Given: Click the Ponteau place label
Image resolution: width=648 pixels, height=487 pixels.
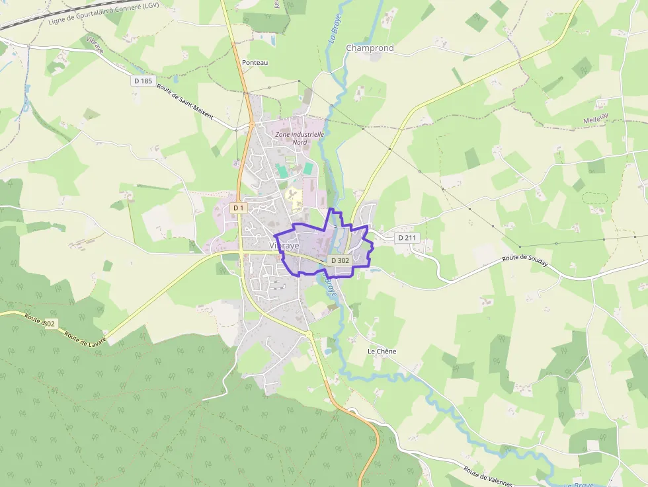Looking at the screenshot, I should [255, 62].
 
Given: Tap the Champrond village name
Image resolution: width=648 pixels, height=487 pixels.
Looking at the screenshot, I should [370, 48].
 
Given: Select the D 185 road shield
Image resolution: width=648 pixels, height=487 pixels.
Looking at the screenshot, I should [142, 81].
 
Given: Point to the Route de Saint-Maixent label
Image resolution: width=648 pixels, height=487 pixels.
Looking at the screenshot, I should [185, 101].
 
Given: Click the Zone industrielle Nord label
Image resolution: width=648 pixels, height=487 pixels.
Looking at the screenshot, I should [300, 137].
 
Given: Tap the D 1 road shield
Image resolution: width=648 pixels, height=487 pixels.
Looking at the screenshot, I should [238, 207].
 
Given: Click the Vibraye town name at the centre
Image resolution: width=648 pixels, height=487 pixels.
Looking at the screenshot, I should [284, 245].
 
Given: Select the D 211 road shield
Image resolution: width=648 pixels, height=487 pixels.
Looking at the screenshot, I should [407, 237].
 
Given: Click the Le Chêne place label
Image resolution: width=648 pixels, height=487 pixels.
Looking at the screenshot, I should [382, 351].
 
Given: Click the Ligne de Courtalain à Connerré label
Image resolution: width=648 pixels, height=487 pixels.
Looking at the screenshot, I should [103, 14].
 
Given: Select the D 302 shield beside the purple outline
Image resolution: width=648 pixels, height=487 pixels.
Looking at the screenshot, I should [339, 260].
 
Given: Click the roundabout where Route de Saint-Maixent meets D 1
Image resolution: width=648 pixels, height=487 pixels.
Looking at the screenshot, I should [252, 124].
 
